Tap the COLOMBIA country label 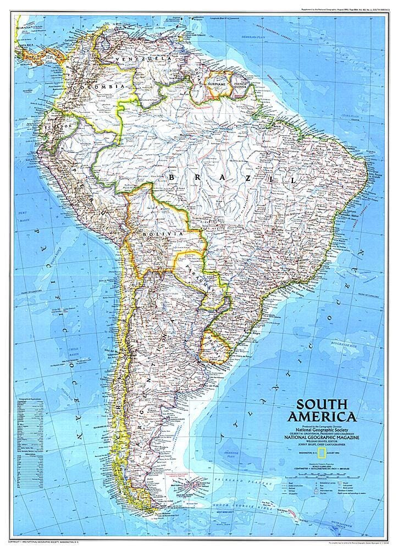[101, 87]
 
